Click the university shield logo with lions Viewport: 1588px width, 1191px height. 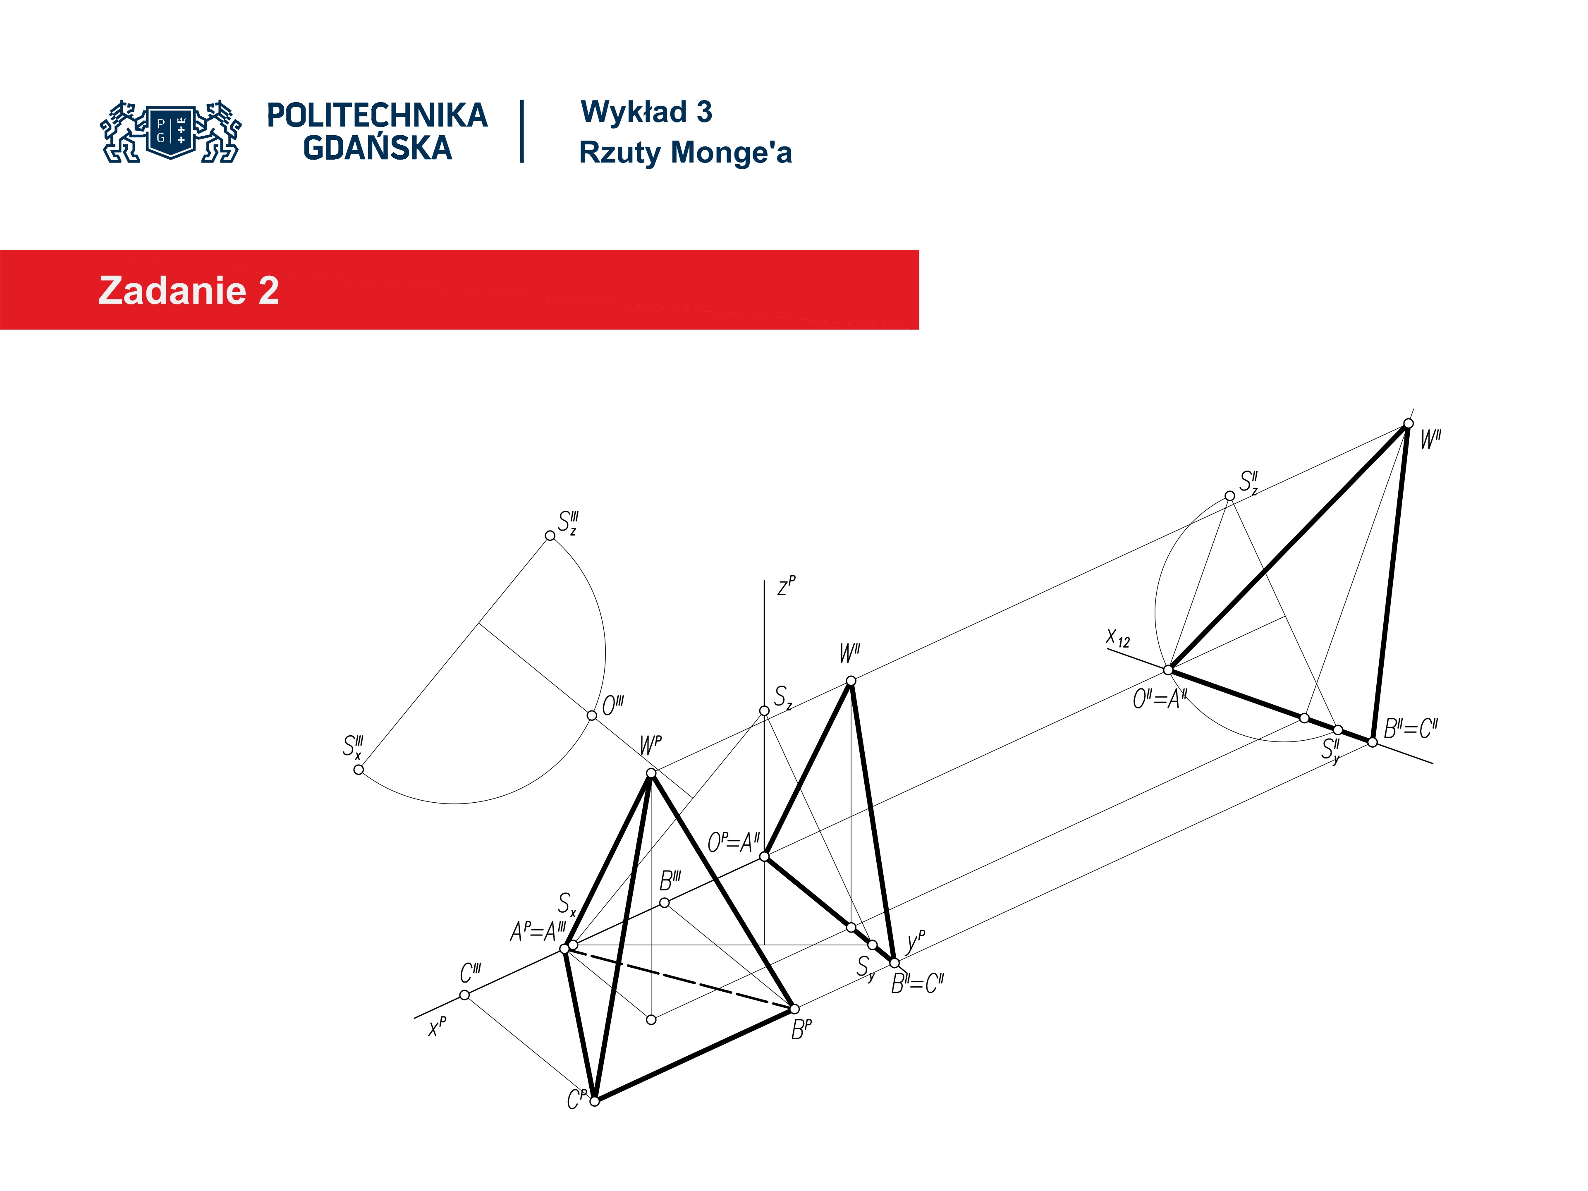[171, 132]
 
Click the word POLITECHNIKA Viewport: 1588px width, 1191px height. [377, 115]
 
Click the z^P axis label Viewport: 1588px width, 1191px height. [786, 586]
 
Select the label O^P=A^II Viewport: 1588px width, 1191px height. [733, 842]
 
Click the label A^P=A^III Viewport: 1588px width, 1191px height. [538, 932]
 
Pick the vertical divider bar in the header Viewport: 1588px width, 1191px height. [522, 132]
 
